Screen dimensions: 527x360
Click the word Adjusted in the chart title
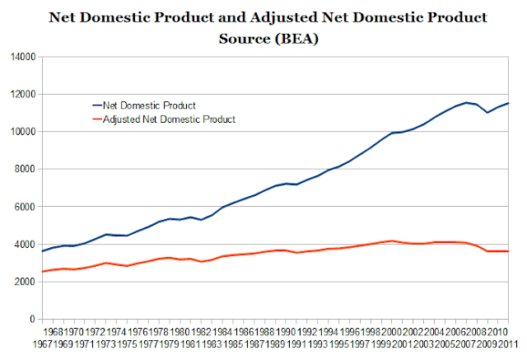pyautogui.click(x=284, y=18)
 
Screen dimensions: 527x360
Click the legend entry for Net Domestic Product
pyautogui.click(x=144, y=105)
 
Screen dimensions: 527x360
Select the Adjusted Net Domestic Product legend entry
pyautogui.click(x=164, y=119)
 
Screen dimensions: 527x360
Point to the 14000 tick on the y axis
pyautogui.click(x=23, y=57)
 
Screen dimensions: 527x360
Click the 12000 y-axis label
pyautogui.click(x=23, y=95)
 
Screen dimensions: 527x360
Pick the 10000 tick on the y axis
pyautogui.click(x=23, y=132)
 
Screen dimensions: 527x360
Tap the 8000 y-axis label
pyautogui.click(x=25, y=169)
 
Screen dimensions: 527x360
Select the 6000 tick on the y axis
pyautogui.click(x=25, y=207)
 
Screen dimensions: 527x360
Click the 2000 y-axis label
pyautogui.click(x=25, y=282)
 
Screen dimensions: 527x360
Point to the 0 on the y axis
pyautogui.click(x=32, y=319)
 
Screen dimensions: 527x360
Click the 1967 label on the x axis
pyautogui.click(x=43, y=344)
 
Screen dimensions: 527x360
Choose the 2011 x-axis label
pyautogui.click(x=508, y=344)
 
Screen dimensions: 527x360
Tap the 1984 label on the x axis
pyautogui.click(x=222, y=333)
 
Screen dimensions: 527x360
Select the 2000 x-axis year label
pyautogui.click(x=392, y=333)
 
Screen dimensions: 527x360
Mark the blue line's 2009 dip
pyautogui.click(x=487, y=113)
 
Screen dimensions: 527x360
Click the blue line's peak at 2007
pyautogui.click(x=466, y=102)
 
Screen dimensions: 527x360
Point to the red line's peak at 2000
pyautogui.click(x=392, y=241)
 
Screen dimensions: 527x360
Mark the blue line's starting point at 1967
pyautogui.click(x=42, y=251)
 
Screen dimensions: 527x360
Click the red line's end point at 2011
pyautogui.click(x=508, y=251)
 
